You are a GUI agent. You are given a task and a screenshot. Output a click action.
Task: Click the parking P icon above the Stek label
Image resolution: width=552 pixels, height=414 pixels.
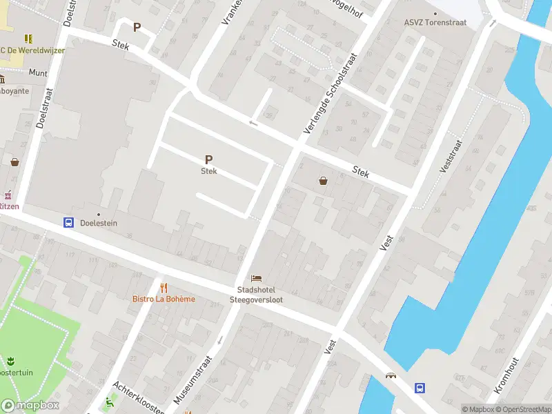[x=208, y=159]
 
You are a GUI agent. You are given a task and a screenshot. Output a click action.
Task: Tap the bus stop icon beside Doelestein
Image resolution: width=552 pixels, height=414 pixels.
[x=69, y=222]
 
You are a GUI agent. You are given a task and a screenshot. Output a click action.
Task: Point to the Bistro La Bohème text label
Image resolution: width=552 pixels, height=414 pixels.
[x=164, y=299]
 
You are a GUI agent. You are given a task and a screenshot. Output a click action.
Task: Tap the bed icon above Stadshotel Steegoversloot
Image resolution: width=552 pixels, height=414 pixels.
[x=256, y=278]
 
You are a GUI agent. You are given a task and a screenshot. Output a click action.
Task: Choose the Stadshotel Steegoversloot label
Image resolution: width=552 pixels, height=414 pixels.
[x=256, y=295]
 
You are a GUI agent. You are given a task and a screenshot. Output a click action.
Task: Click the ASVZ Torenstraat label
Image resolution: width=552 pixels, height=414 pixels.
[x=435, y=22]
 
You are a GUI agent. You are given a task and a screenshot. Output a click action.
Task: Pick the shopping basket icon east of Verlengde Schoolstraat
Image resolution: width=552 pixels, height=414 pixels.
[x=322, y=181]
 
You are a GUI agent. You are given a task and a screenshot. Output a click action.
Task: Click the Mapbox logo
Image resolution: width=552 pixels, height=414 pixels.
[x=30, y=406]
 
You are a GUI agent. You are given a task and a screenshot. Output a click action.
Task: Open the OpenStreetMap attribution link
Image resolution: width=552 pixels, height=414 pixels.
[x=522, y=409]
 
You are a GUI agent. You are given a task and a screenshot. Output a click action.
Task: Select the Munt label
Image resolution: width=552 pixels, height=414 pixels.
[x=38, y=72]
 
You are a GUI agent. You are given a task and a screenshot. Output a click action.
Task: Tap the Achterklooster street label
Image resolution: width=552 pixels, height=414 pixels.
[x=138, y=398]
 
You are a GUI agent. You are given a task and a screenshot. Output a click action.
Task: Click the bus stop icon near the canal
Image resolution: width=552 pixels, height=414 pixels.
[x=419, y=388]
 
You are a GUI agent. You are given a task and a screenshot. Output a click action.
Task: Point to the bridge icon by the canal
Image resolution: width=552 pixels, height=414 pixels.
[x=391, y=377]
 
